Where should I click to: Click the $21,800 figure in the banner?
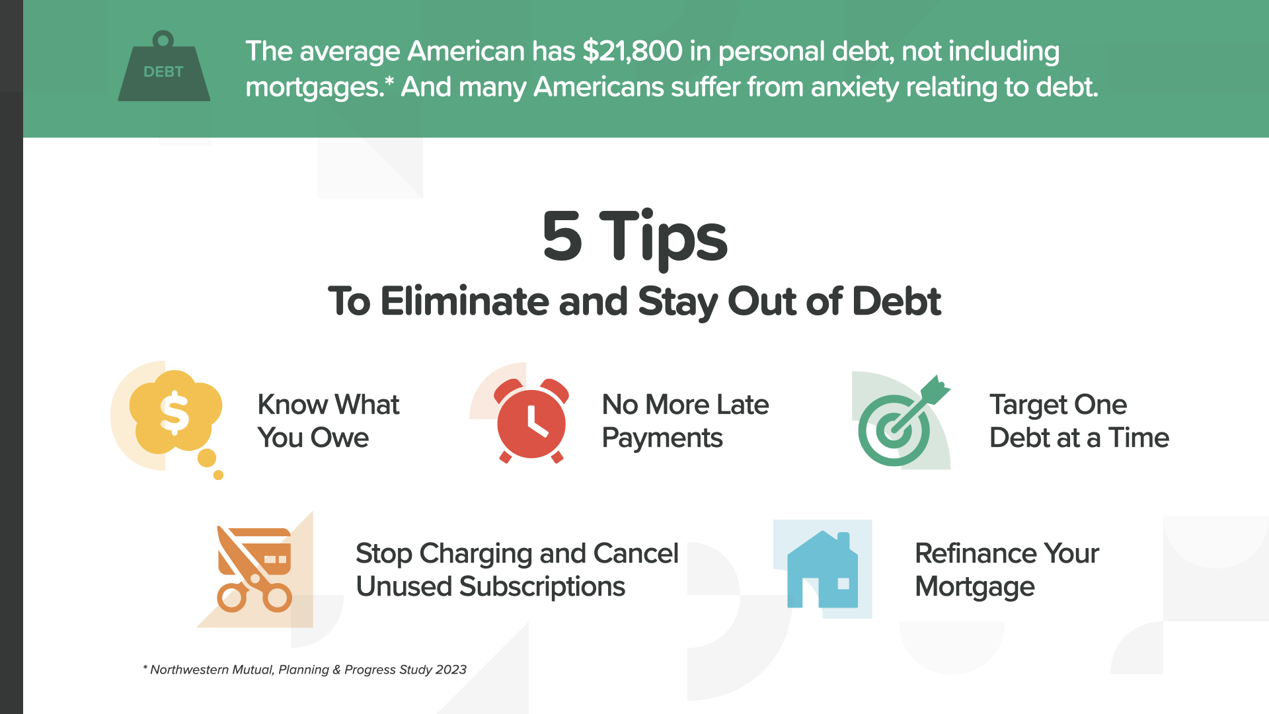pyautogui.click(x=633, y=51)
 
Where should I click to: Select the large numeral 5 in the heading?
pyautogui.click(x=562, y=236)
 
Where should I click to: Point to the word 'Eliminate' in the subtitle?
pyautogui.click(x=465, y=301)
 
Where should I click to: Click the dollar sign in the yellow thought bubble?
pyautogui.click(x=174, y=413)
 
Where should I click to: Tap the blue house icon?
pyautogui.click(x=823, y=569)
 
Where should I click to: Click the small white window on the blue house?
pyautogui.click(x=843, y=584)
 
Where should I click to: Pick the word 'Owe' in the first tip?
pyautogui.click(x=340, y=438)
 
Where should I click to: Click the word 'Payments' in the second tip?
pyautogui.click(x=662, y=438)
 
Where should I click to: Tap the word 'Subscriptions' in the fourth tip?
pyautogui.click(x=542, y=587)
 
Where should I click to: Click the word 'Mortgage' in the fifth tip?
pyautogui.click(x=975, y=587)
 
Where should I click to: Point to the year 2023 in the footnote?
pyautogui.click(x=451, y=670)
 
